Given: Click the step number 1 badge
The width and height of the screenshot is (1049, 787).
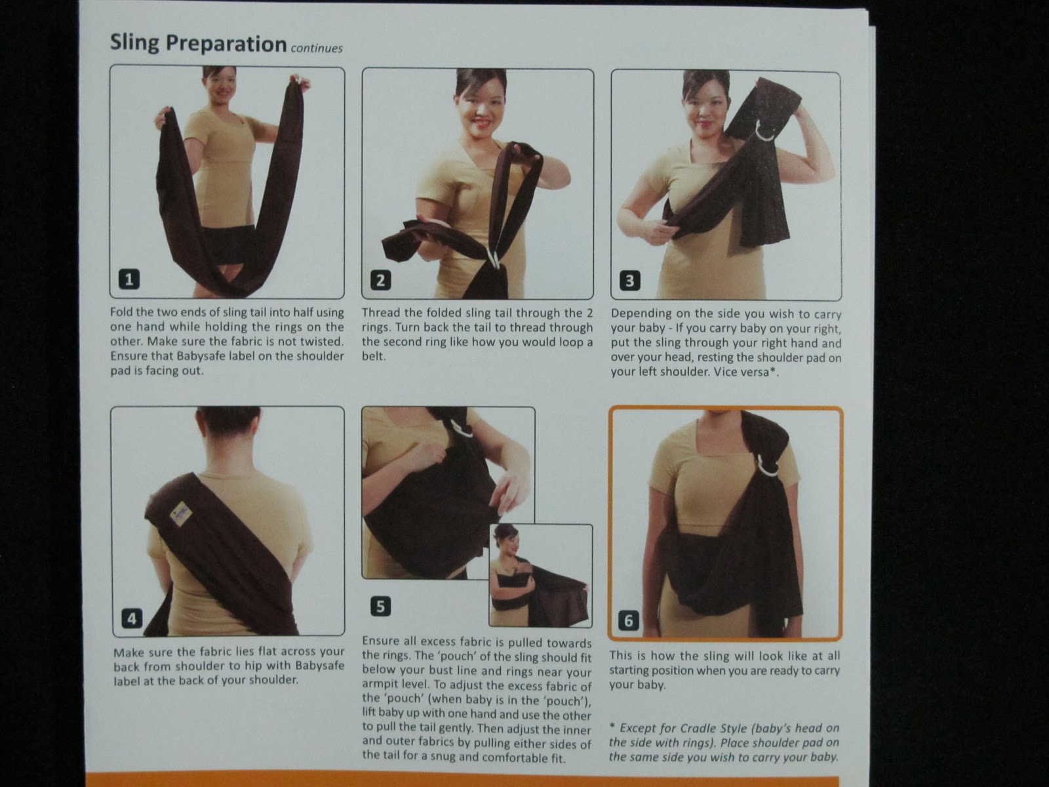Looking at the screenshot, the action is point(129,279).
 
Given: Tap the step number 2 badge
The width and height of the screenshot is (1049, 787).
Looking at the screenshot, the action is point(381,280).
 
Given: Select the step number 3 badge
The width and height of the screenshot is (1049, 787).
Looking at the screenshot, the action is point(630,281).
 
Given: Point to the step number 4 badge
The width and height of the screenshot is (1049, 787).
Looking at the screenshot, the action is point(132,619).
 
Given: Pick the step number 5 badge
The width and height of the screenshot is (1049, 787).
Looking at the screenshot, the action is point(380,607).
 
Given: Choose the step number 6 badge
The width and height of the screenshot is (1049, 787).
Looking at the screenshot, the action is point(629,620).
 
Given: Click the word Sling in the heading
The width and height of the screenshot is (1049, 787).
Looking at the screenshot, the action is point(134,43).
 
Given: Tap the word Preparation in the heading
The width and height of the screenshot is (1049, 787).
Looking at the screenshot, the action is point(226,44).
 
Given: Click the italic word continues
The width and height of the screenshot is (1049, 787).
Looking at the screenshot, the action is point(317,49).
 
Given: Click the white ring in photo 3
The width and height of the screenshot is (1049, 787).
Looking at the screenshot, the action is point(765,131).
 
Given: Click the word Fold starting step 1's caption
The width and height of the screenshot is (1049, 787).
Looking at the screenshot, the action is point(121,312).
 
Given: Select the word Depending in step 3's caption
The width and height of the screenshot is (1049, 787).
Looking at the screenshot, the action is point(638,314).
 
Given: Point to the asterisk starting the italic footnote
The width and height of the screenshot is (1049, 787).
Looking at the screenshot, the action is point(612,726).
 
